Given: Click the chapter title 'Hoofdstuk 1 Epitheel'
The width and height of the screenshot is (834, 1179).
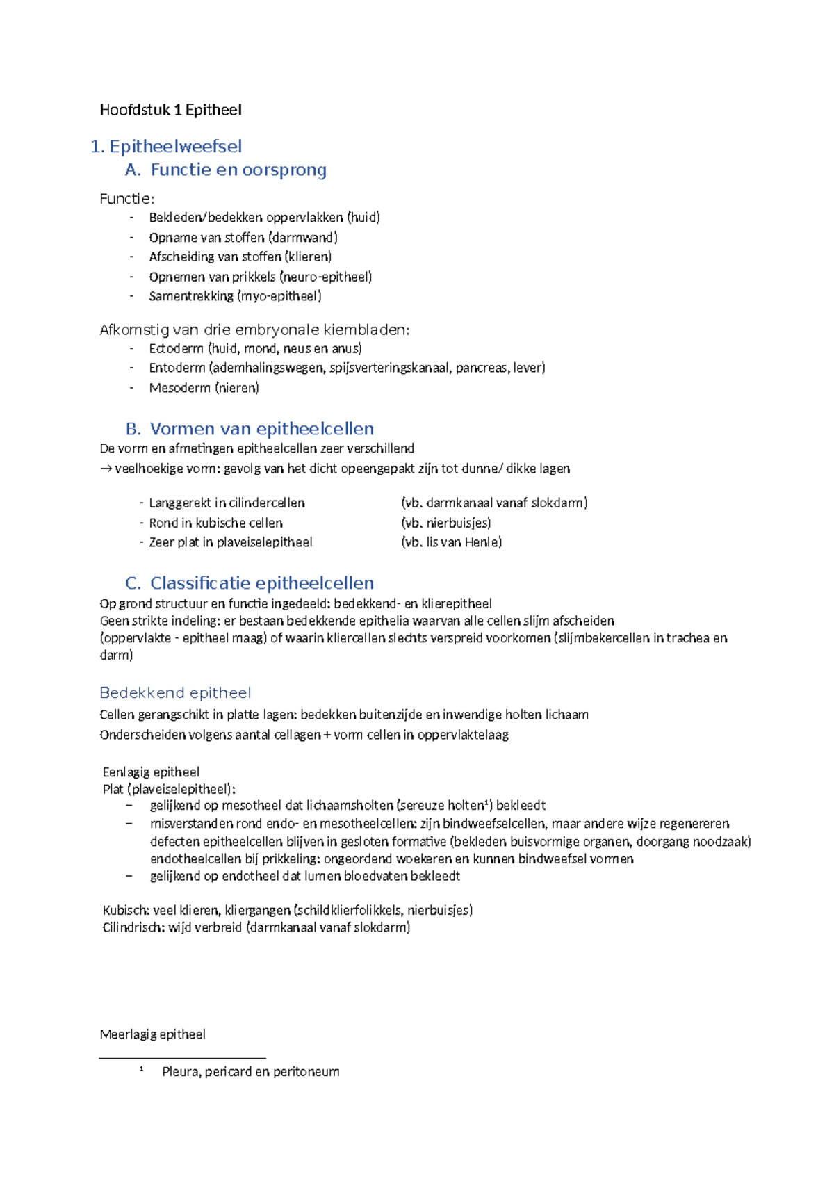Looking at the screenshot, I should tap(170, 110).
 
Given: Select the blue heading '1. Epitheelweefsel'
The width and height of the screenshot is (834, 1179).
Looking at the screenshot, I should tap(166, 147).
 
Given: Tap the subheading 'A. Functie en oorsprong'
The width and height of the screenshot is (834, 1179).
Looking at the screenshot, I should tap(225, 170).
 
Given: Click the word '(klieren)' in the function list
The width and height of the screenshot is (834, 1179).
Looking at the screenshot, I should tap(308, 257).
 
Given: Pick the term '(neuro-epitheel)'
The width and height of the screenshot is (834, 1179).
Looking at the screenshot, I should tap(325, 277).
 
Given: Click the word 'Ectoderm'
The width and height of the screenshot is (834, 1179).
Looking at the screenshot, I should tap(176, 348).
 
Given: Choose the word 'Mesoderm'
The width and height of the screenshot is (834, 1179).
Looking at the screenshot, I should tap(179, 388).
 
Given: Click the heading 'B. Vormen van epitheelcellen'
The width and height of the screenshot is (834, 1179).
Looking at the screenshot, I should tap(250, 429).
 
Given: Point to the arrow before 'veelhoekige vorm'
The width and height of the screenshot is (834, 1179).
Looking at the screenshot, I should tap(106, 469).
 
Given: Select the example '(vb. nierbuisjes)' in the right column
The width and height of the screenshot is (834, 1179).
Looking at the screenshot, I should tap(445, 523).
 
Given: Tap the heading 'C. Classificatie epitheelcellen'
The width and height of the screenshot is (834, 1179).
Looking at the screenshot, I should tap(250, 583).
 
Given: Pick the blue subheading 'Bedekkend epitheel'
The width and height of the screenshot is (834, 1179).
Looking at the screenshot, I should tap(175, 693).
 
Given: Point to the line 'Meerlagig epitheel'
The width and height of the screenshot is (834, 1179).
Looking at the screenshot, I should tap(152, 1034).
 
